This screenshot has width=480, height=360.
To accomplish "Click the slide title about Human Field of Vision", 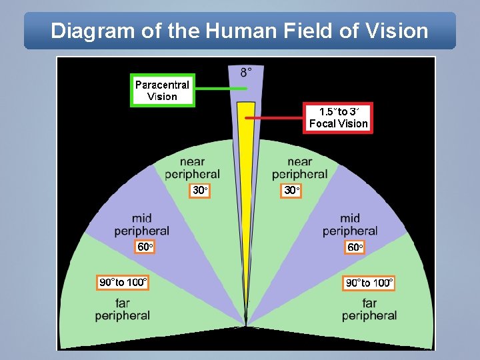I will coord(240,31).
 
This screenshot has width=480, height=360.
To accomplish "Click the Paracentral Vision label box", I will coord(162,91).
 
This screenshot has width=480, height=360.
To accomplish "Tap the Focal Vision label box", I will coord(338,117).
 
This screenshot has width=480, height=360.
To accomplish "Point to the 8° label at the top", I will coord(246,71).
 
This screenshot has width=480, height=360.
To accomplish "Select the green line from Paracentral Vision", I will coord(220,89).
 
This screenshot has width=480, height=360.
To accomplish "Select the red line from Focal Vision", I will coord(275,118).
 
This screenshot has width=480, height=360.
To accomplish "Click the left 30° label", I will coord(201,191).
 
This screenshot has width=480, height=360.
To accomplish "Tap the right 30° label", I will coord(291,191).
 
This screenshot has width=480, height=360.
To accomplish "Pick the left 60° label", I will coord(145,247).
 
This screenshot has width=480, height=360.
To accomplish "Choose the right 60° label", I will coord(355,247).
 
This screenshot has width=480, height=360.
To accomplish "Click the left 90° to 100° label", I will coord(123,283).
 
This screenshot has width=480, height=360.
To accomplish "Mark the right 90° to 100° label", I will coord(369,283).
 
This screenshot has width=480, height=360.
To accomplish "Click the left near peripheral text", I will coord(192,168).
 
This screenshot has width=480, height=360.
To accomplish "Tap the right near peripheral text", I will coord(299,168).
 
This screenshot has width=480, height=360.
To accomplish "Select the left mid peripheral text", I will coord(141,225).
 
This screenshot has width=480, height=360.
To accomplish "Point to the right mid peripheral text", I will coord(350,225).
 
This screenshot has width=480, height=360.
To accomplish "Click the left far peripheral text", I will coord(122,309).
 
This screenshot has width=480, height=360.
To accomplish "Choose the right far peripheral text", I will coord(369,309).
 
